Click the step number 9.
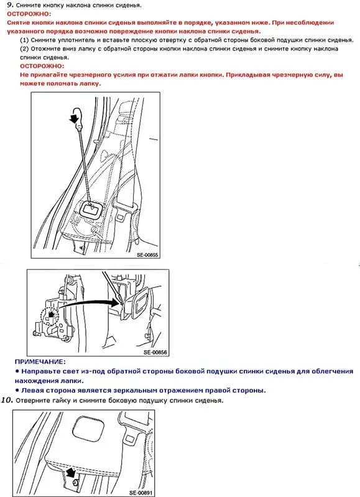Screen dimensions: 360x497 pos(10,4)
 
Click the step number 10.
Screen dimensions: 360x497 pos(7,400)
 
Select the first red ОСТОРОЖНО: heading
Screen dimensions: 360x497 pos(29,14)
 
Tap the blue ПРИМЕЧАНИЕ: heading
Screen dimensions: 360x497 pos(40,361)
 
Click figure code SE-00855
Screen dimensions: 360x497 pos(147,254)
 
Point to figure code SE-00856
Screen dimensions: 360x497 pos(155,352)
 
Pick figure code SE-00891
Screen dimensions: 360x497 pos(141,493)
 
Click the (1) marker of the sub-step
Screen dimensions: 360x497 pos(24,40)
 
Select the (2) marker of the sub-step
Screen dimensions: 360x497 pos(24,49)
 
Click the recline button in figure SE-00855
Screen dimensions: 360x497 pos(91,209)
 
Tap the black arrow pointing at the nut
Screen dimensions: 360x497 pos(71,472)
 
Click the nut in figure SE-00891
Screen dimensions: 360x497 pos(75,482)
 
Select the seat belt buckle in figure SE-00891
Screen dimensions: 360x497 pos(129,435)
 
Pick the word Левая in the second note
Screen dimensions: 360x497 pos(32,390)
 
